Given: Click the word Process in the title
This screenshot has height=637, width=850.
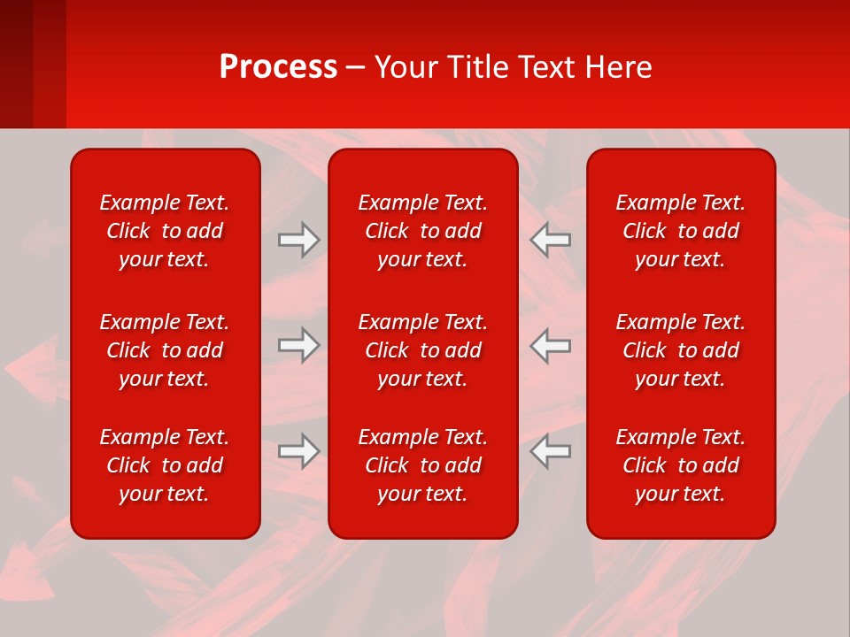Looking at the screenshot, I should point(278,67).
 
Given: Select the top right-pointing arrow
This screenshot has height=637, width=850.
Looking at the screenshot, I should point(298,240).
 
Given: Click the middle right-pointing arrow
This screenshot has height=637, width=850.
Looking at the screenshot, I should point(298,345).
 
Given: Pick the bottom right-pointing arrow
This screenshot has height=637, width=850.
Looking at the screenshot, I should point(298,451).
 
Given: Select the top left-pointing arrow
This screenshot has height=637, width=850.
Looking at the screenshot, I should point(551,240).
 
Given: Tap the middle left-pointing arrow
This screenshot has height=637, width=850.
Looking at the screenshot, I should point(551,345).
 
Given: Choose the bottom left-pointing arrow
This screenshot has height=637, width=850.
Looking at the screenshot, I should point(551,451).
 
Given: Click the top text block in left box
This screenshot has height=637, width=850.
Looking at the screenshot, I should point(165,231).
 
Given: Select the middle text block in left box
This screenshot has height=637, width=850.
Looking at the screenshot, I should point(165,350).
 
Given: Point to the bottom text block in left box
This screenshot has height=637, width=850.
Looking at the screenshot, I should point(165,465).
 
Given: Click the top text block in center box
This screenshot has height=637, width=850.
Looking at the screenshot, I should point(422,231).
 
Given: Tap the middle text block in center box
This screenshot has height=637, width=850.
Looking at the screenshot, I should point(422,350).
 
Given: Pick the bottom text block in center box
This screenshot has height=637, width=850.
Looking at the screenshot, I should point(422,465).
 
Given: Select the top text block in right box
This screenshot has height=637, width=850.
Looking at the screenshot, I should point(680,231).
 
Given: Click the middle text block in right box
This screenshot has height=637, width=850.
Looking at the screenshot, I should point(680,350).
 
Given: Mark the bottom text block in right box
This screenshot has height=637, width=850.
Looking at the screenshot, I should point(680,465).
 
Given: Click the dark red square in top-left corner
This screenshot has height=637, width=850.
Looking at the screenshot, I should point(16,62).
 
